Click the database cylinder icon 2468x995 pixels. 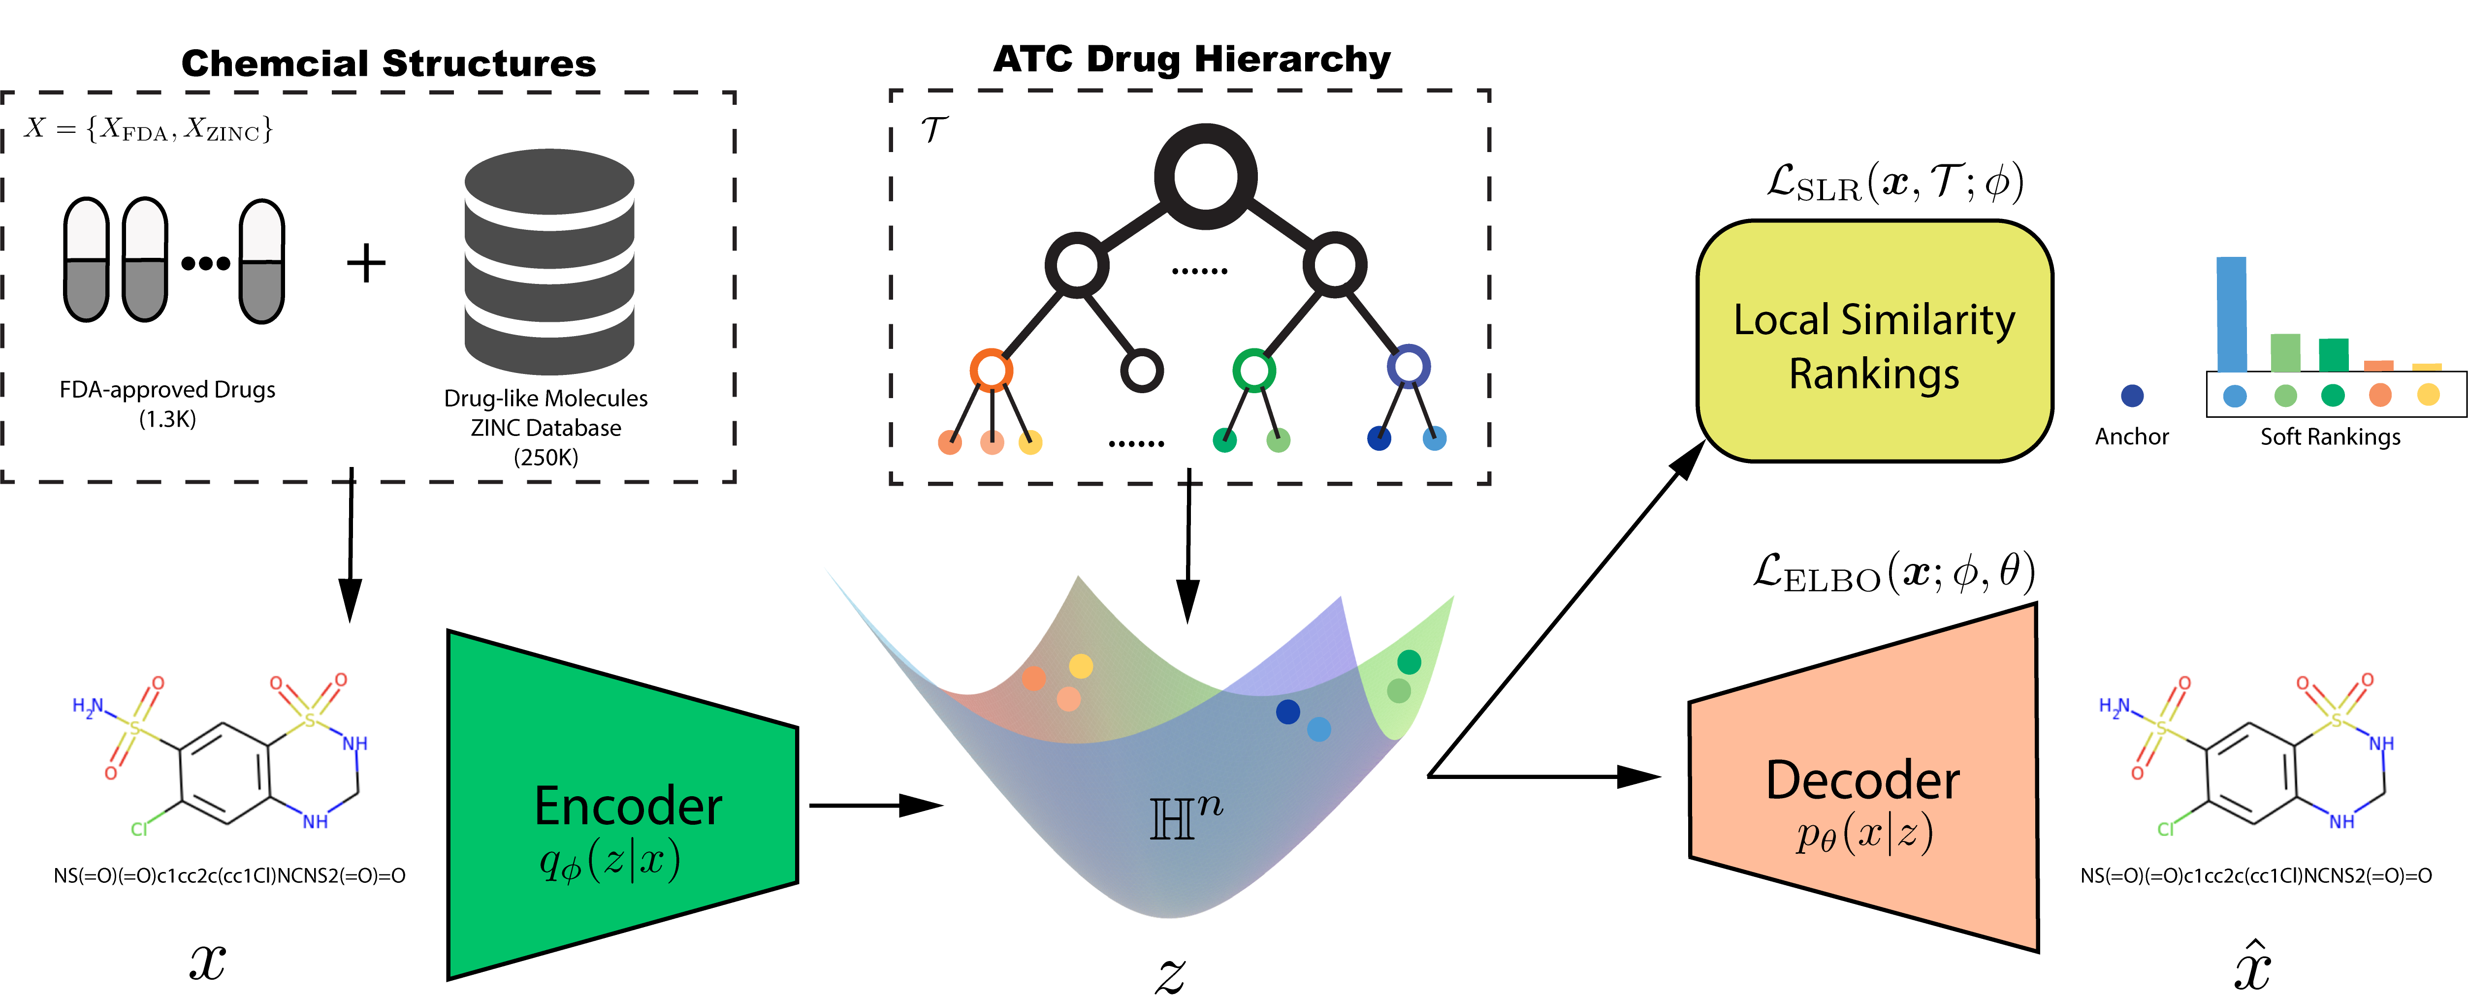[x=549, y=261]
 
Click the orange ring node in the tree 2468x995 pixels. [x=991, y=370]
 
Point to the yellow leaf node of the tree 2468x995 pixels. [x=1030, y=442]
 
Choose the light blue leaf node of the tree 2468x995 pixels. [x=1434, y=438]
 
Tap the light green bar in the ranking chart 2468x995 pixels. [x=2285, y=352]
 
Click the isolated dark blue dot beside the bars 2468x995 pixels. [x=2132, y=396]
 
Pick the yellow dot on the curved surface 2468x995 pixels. [x=1081, y=666]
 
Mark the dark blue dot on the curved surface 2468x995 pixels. [x=1287, y=712]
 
